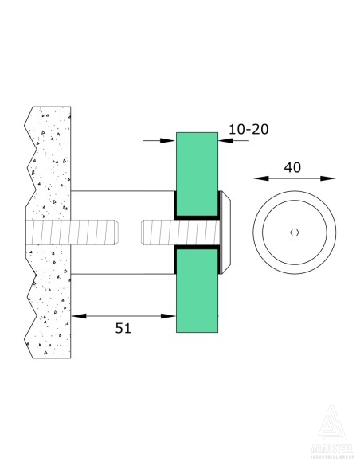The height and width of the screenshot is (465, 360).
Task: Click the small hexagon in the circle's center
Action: point(294,232)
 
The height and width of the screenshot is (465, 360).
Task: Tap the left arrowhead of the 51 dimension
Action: point(76,316)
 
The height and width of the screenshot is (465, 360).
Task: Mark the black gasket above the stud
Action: point(196,216)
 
